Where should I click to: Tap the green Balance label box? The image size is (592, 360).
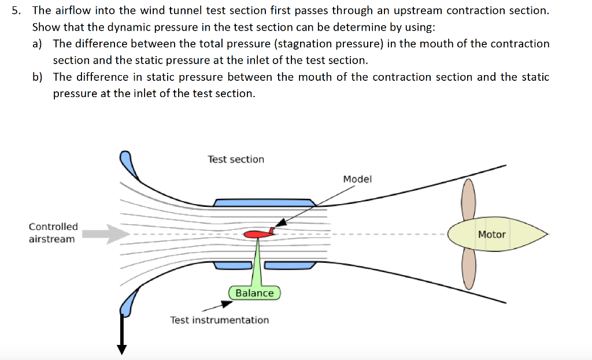(254, 293)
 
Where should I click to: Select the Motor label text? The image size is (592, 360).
(491, 235)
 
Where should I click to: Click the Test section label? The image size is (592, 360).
(236, 159)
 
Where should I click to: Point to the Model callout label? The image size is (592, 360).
(357, 179)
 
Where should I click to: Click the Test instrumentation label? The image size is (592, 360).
(219, 320)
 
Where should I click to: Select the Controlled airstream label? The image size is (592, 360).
(53, 233)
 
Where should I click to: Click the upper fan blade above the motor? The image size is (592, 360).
(468, 199)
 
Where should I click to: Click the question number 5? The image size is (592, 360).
(18, 10)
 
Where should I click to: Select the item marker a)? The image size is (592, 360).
(38, 44)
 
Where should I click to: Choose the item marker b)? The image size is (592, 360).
(38, 77)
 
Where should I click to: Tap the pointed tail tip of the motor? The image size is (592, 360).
(546, 235)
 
